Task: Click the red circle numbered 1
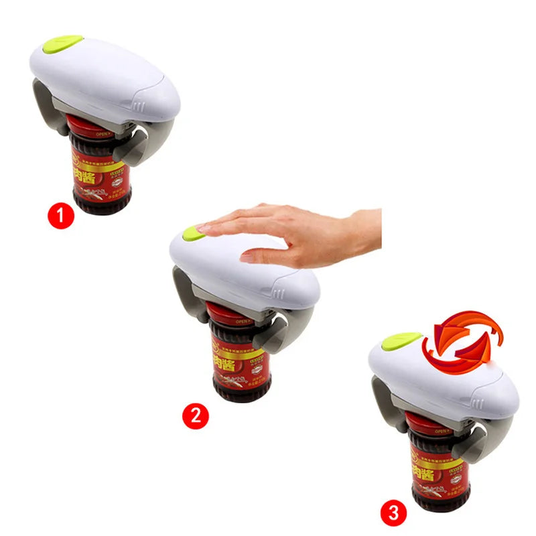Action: click(x=61, y=216)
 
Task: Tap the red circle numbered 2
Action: click(x=196, y=415)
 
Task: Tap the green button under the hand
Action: click(x=192, y=233)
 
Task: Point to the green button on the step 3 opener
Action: click(x=400, y=341)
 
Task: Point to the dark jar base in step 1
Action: click(x=100, y=201)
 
